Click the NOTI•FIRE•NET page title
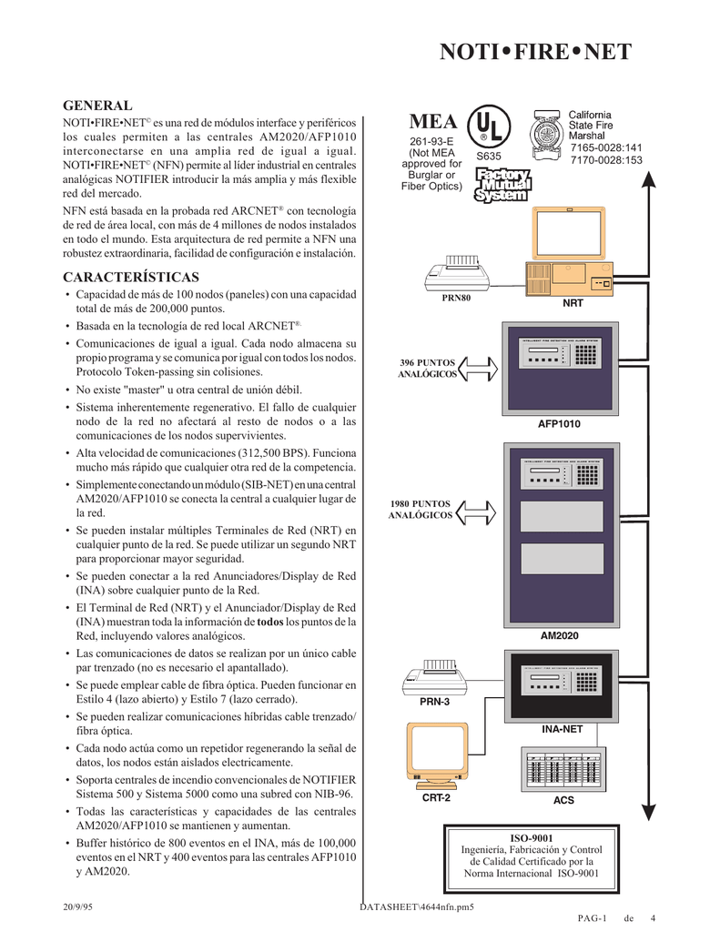point(535,52)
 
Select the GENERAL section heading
point(96,106)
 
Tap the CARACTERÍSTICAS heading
point(130,277)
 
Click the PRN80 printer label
point(458,299)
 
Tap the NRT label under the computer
point(573,303)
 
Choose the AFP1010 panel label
point(560,424)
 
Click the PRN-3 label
point(434,702)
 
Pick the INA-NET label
point(562,729)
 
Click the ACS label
point(564,801)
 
